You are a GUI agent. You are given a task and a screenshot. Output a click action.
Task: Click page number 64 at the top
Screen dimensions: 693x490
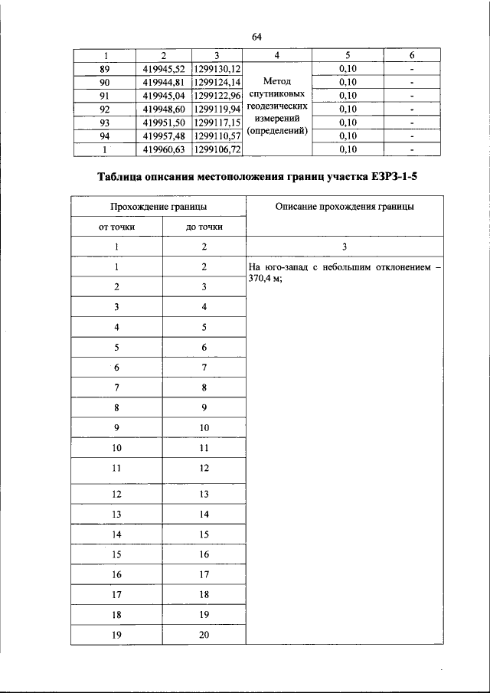point(256,37)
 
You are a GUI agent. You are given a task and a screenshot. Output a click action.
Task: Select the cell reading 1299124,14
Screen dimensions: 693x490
point(217,82)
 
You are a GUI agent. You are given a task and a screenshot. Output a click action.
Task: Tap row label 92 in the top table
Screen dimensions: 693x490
point(106,109)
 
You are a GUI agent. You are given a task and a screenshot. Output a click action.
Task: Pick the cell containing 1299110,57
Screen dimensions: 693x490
point(217,136)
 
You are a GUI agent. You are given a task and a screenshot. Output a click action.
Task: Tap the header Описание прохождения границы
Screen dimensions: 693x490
point(345,206)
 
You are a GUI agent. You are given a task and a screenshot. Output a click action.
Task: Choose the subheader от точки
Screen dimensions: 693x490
point(116,227)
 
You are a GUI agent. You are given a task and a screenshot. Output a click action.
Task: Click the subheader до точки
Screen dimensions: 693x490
point(204,227)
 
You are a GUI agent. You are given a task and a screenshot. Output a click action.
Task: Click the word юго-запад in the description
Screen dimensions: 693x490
point(285,267)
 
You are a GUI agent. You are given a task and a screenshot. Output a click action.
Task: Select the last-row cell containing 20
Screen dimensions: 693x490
point(204,634)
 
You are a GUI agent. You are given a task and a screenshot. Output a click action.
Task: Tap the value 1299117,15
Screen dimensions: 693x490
point(217,123)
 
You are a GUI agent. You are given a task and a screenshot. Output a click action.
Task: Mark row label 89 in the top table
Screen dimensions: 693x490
point(106,68)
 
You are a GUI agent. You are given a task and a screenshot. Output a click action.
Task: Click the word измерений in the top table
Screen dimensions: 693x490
point(276,119)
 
